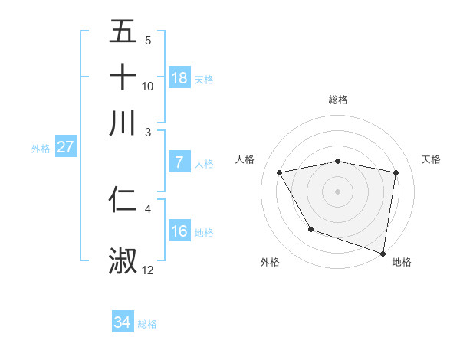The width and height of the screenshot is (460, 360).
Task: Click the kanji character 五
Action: pos(123,32)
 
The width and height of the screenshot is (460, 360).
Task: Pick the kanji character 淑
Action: pos(123,261)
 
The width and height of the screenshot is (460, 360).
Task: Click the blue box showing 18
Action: pos(179,78)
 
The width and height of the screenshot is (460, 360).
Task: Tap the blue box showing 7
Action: pos(179,162)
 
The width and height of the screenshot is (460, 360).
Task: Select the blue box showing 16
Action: pos(179,231)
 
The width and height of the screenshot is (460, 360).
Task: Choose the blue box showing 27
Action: pos(66,147)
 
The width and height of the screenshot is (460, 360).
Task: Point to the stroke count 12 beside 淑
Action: pos(148,270)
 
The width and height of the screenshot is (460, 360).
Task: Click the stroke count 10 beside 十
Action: pos(148,86)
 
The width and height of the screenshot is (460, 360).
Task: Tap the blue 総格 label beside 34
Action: pos(147,324)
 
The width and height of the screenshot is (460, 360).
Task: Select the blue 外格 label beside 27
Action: pos(41,149)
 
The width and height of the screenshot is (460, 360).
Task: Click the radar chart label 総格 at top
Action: pos(338,100)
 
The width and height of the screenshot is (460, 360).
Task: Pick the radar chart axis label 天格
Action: pos(432,159)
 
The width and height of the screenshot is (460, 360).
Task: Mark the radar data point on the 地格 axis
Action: pos(383,253)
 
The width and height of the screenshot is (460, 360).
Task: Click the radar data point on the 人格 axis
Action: pos(280,172)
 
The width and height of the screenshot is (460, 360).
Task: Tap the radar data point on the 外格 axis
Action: pos(310,229)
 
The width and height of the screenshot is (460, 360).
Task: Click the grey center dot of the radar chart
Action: pos(338,191)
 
